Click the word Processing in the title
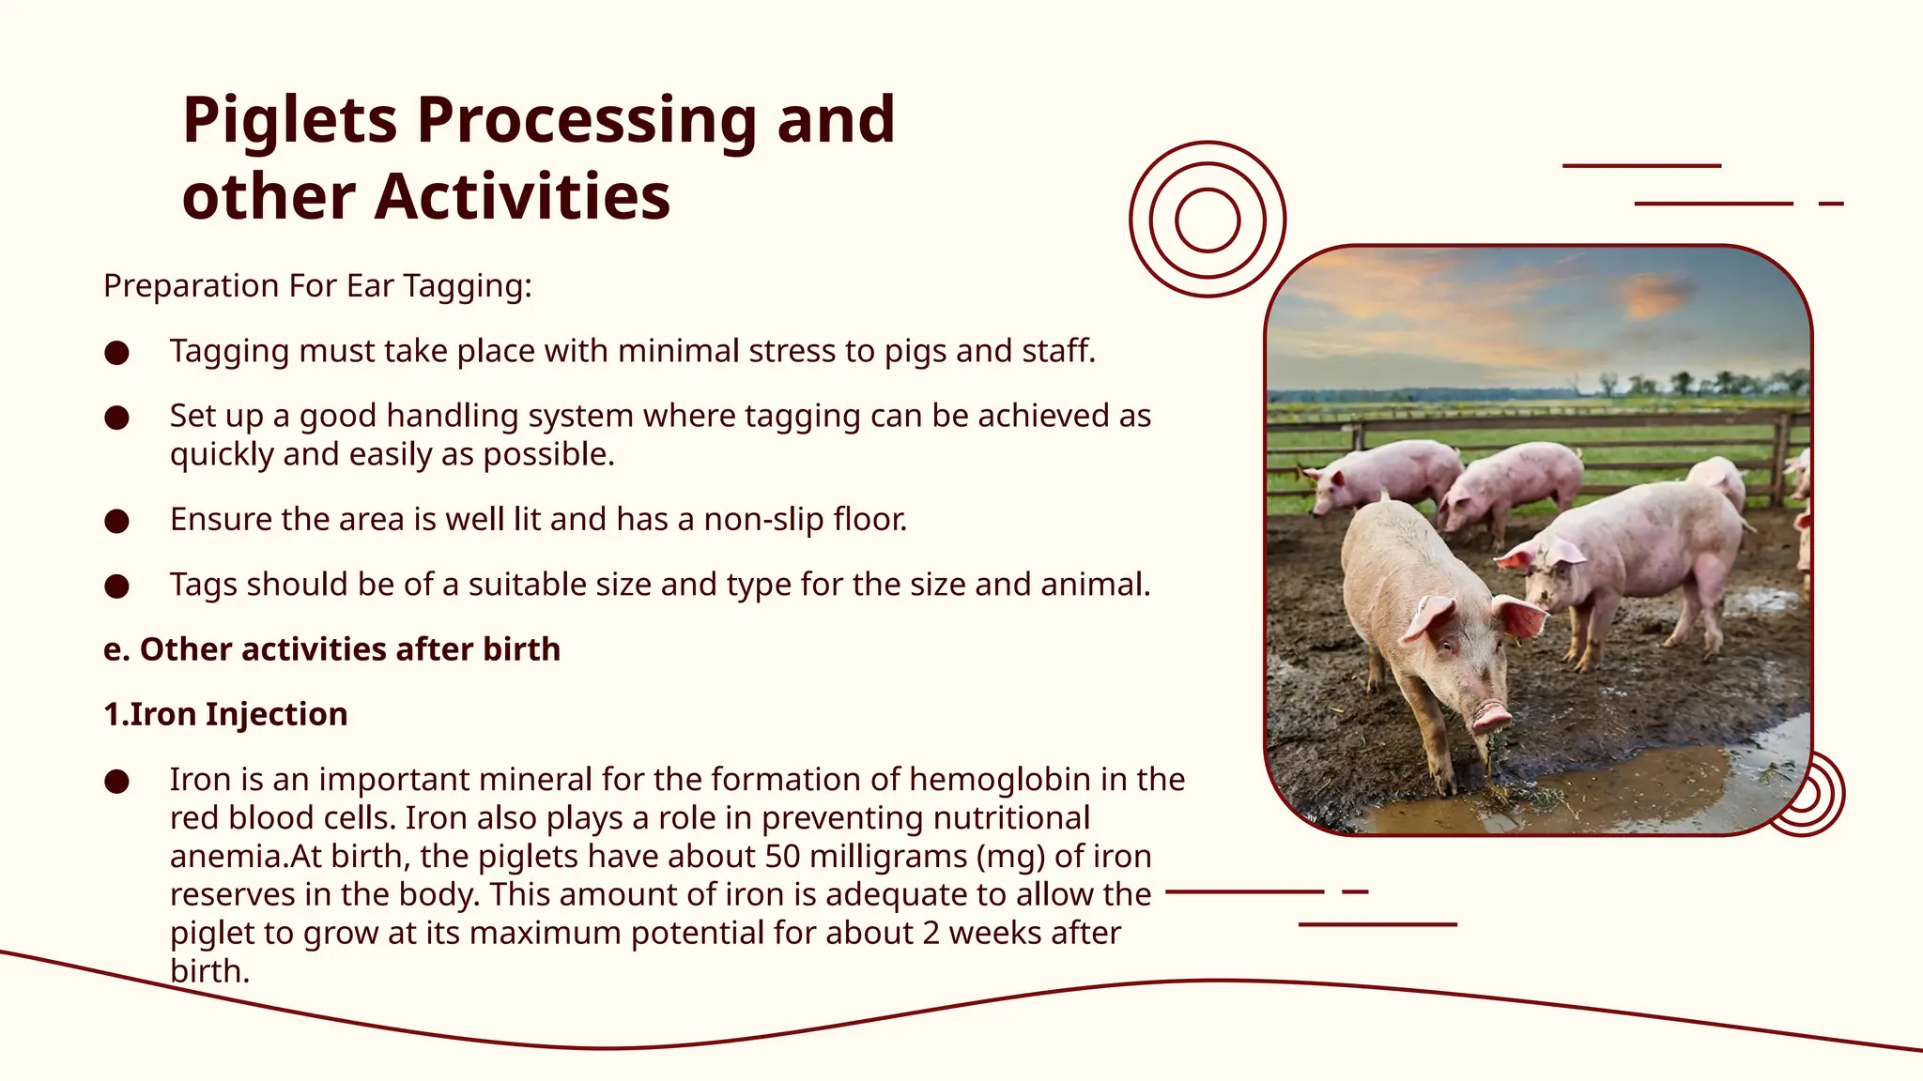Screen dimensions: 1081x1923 (x=586, y=122)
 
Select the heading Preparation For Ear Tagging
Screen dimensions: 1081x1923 (x=317, y=286)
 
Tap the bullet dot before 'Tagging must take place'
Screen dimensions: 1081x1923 (x=116, y=353)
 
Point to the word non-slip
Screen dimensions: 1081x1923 (x=763, y=519)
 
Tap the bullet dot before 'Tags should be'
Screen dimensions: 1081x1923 (x=116, y=586)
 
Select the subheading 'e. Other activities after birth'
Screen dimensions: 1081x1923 (x=331, y=649)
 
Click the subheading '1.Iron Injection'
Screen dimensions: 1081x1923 (x=225, y=714)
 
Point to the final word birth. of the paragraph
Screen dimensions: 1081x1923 (x=209, y=971)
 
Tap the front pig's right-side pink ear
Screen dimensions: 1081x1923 (x=1519, y=617)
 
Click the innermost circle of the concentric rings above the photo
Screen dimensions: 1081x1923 (x=1208, y=220)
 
